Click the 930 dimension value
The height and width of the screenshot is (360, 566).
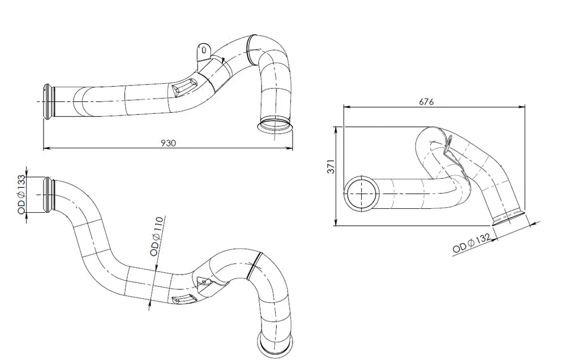168,143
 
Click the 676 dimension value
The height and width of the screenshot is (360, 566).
426,102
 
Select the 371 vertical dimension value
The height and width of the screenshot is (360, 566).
331,166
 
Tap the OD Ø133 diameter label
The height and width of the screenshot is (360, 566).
21,194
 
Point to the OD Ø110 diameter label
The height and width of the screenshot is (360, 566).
157,237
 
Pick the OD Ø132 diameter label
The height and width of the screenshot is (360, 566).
471,243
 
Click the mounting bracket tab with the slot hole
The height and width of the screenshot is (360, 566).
203,52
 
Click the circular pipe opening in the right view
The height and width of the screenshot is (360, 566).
361,194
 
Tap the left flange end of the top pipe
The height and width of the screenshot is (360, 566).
49,101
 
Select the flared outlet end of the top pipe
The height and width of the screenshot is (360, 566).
275,125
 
